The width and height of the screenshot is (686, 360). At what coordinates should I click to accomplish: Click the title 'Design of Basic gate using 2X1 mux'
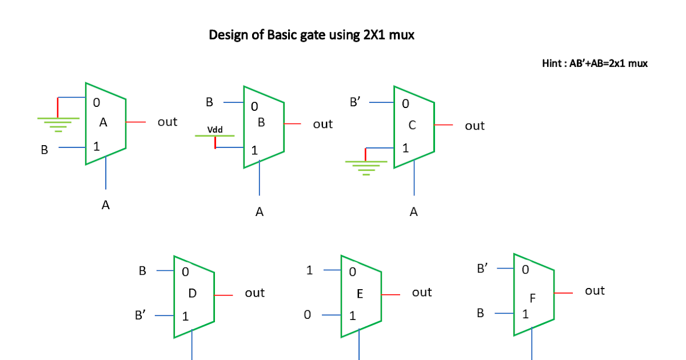(x=312, y=35)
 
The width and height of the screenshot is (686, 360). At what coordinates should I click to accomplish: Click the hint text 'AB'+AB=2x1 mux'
(x=595, y=63)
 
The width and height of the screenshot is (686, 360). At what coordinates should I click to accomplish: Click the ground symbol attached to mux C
(x=366, y=167)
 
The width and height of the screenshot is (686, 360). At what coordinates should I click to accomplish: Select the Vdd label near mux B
(x=215, y=130)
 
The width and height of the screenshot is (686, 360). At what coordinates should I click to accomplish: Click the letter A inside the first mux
(x=103, y=122)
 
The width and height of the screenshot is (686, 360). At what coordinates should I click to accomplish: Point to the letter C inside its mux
(x=412, y=125)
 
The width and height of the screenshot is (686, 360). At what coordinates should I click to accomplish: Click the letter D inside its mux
(x=192, y=293)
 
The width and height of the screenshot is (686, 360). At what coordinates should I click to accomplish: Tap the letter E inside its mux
(x=360, y=294)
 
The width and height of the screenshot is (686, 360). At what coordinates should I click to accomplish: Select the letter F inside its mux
(x=533, y=298)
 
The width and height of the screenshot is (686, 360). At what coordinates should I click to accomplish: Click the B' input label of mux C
(x=356, y=103)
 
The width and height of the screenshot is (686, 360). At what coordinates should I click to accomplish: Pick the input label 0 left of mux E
(x=308, y=315)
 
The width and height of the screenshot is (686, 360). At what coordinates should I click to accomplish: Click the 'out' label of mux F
(x=595, y=291)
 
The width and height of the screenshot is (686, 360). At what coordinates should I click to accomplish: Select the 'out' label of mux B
(x=322, y=124)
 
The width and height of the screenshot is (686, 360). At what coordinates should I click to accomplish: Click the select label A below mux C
(x=414, y=213)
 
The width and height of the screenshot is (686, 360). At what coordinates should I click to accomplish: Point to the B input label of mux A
(x=44, y=150)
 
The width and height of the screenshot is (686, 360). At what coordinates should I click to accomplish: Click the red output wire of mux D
(x=224, y=295)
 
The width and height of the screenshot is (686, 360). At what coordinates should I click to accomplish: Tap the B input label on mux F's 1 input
(x=480, y=313)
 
